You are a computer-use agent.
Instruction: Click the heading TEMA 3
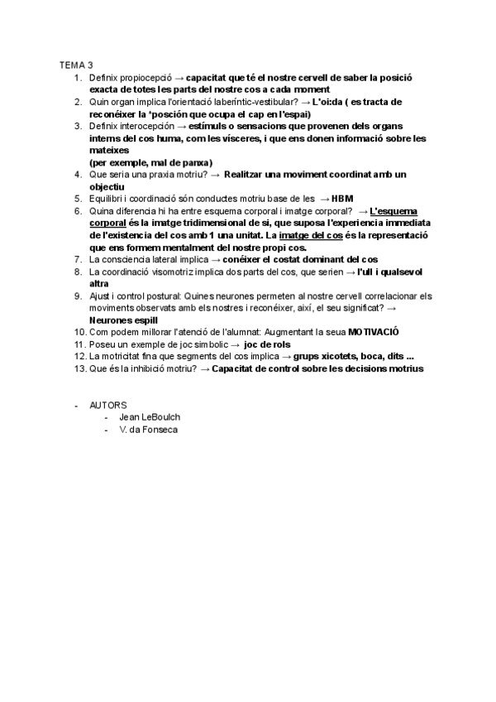(x=76, y=65)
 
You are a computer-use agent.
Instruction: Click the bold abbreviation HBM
(x=342, y=199)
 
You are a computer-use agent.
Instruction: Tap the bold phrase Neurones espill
(x=124, y=320)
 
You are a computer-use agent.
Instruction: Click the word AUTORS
(x=108, y=405)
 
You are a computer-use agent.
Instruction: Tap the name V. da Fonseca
(x=148, y=430)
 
